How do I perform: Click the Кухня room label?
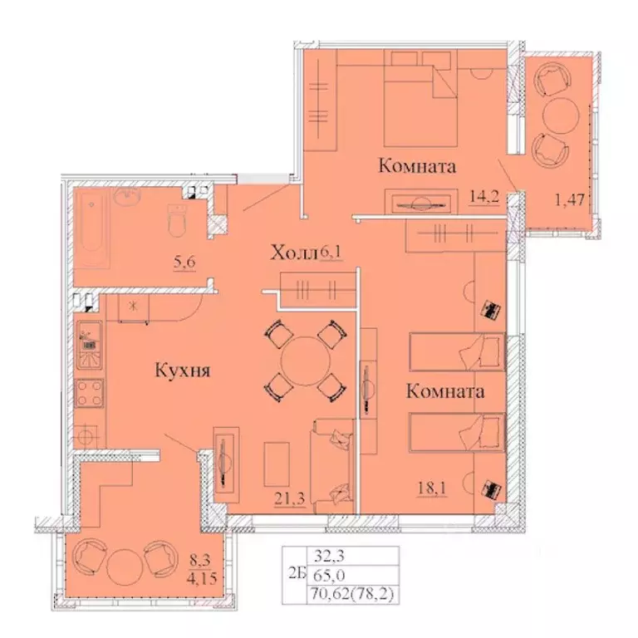180,371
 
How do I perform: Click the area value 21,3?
288,498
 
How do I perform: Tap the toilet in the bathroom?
176,222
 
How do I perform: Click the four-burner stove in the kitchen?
89,392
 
